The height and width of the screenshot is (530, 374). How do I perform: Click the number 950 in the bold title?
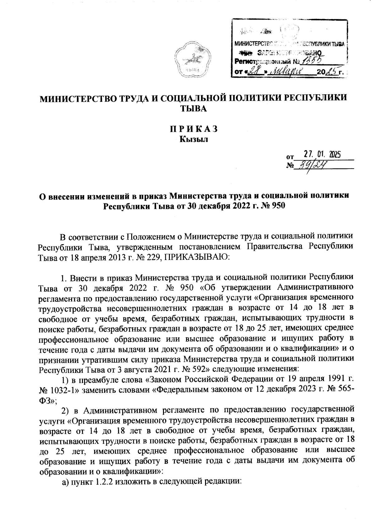277,206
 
